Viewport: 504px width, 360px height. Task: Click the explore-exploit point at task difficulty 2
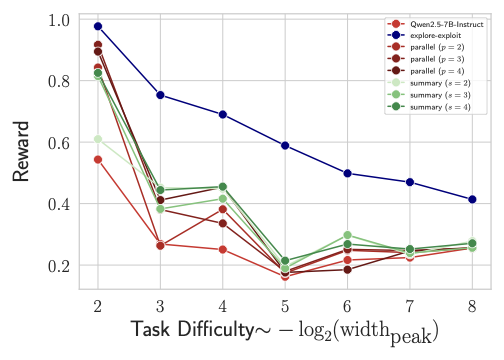point(97,26)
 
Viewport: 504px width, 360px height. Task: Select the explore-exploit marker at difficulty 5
point(285,146)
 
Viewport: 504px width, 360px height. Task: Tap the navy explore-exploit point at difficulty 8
point(472,199)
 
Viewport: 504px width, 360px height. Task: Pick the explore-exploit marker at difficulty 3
point(160,95)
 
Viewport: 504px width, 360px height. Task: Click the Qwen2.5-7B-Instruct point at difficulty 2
point(97,160)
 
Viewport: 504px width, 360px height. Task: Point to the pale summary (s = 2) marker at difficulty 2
point(97,139)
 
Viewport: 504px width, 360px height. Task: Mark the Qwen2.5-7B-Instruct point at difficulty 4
point(222,249)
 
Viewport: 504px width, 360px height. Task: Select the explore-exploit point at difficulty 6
point(347,173)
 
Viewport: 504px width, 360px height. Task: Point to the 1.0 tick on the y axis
point(58,20)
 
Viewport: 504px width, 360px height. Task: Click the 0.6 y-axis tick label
point(58,143)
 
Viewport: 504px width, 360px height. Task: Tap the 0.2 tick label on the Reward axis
point(58,266)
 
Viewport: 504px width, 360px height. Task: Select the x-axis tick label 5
point(285,304)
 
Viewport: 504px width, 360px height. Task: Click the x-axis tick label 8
point(472,304)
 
